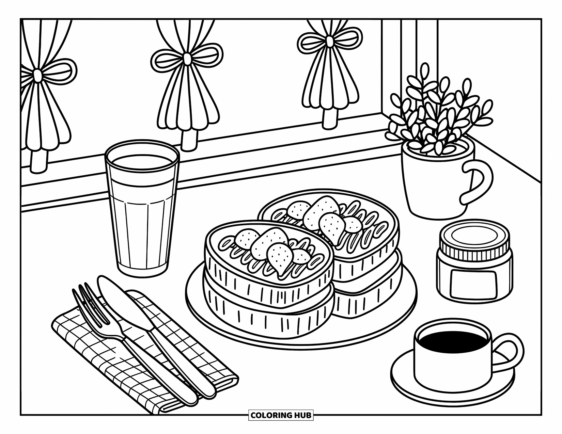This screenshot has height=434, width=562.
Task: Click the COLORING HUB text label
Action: pyautogui.click(x=281, y=415)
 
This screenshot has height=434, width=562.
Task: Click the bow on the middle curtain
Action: pyautogui.click(x=187, y=59)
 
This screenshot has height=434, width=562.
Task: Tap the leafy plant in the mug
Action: pyautogui.click(x=439, y=112)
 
